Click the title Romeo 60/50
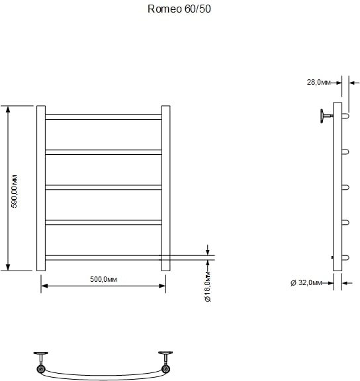[179, 9]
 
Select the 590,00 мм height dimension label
[15, 191]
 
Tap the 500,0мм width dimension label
[103, 279]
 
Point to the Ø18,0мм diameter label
[208, 286]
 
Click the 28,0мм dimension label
[319, 83]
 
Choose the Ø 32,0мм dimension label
[306, 283]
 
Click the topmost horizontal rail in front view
[103, 117]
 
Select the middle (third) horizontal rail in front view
[103, 187]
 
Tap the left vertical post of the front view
[41, 189]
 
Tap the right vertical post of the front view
[166, 189]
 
